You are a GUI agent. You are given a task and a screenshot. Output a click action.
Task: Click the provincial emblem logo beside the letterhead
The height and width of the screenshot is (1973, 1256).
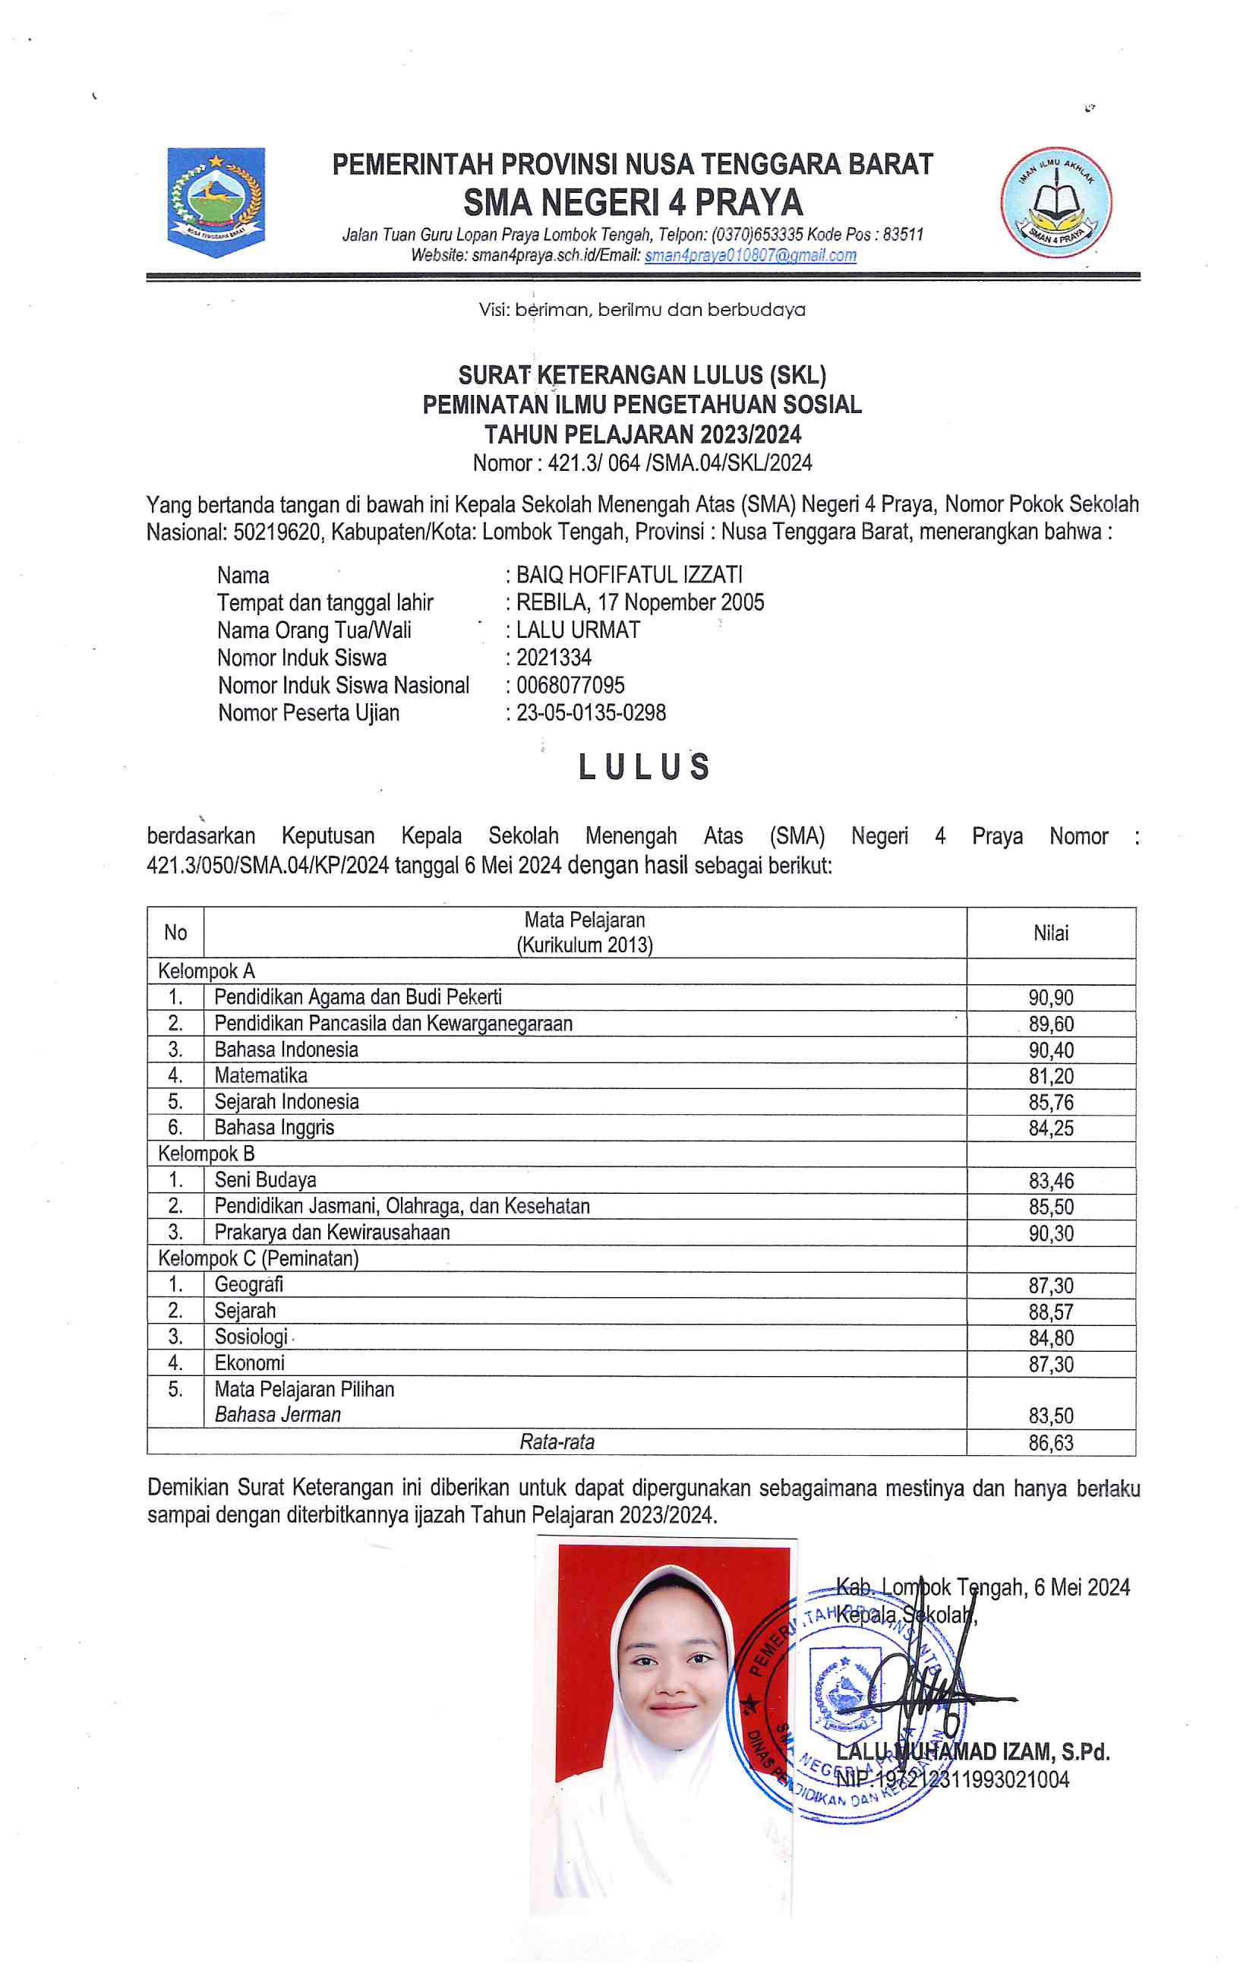coord(216,201)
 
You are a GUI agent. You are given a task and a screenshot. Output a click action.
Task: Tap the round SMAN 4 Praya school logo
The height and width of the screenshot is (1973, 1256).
coord(1056,202)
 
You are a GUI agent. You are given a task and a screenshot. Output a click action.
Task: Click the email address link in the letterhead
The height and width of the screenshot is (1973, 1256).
coord(750,256)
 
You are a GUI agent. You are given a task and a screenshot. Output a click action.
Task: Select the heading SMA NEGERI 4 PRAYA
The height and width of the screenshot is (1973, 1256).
coord(633,202)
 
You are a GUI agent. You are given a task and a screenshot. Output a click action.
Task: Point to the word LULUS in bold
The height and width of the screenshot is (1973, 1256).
coord(644,768)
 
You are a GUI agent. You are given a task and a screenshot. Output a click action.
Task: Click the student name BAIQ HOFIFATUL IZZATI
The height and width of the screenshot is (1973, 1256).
coord(629,575)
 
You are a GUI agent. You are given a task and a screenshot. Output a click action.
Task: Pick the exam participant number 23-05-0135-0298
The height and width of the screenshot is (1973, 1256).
coord(591,713)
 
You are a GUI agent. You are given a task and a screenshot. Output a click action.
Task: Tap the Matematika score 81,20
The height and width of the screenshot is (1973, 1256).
coord(1050,1077)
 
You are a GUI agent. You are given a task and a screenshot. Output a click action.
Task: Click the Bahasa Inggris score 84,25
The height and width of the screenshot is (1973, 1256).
coord(1050,1129)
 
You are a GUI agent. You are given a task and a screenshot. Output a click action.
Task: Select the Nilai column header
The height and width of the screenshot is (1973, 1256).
coord(1050,933)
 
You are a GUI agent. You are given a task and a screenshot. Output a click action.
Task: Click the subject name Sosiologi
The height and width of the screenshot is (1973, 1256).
coord(251,1337)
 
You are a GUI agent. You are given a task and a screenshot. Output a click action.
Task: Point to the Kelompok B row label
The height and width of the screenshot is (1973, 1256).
coord(207,1154)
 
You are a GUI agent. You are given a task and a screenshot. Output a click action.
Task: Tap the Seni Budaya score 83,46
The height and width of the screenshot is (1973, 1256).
coord(1050,1182)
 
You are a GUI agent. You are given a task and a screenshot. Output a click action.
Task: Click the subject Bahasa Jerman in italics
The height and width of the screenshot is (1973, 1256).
coord(278,1415)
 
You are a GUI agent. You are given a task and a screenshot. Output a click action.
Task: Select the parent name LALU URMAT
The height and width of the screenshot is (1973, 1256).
coord(578,630)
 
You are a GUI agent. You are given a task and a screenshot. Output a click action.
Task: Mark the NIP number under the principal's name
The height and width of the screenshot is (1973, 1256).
coord(952,1779)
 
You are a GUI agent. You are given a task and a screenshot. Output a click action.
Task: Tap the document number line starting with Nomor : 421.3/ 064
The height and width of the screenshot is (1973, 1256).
coord(642,464)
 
